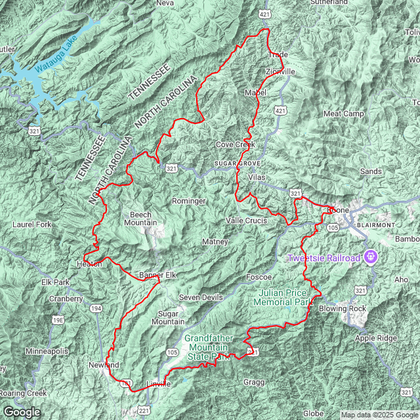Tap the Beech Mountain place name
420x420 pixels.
point(140,219)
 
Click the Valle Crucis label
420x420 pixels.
point(246,220)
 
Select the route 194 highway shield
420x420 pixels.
point(96,308)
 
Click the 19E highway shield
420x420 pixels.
point(58,320)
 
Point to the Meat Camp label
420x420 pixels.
point(343,114)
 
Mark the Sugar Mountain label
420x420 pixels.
point(168,318)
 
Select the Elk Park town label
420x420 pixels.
point(55,282)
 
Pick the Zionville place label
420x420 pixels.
point(281,71)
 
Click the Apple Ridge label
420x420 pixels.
point(376,338)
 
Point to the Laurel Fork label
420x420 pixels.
point(31,224)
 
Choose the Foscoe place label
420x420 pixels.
point(259,277)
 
